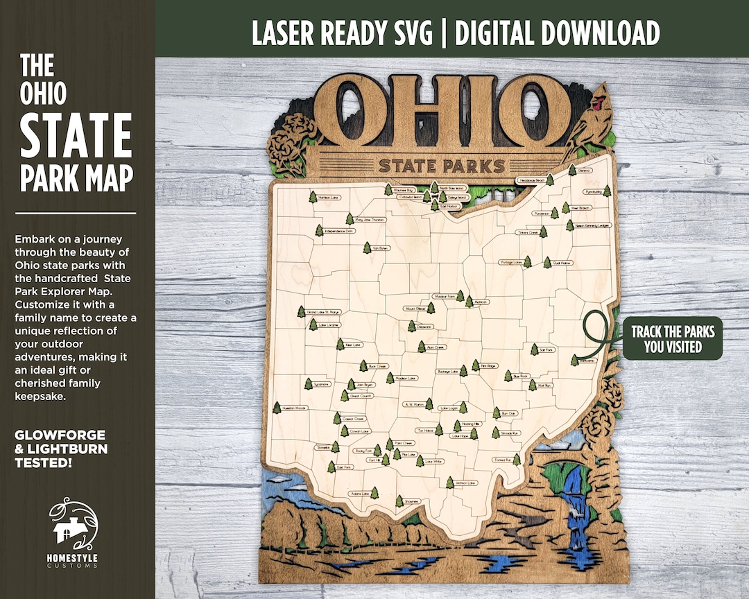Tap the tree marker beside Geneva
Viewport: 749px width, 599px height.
point(572,169)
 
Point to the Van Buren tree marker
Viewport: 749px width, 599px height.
point(366,248)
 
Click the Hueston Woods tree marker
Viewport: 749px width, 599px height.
point(277,408)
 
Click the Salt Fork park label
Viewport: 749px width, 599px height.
point(546,350)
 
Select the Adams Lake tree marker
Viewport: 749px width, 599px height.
point(375,493)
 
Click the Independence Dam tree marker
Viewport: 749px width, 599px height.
point(319,230)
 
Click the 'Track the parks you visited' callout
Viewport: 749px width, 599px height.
point(672,339)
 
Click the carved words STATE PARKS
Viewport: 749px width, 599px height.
point(441,166)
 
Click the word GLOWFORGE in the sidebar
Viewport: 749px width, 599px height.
point(60,435)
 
